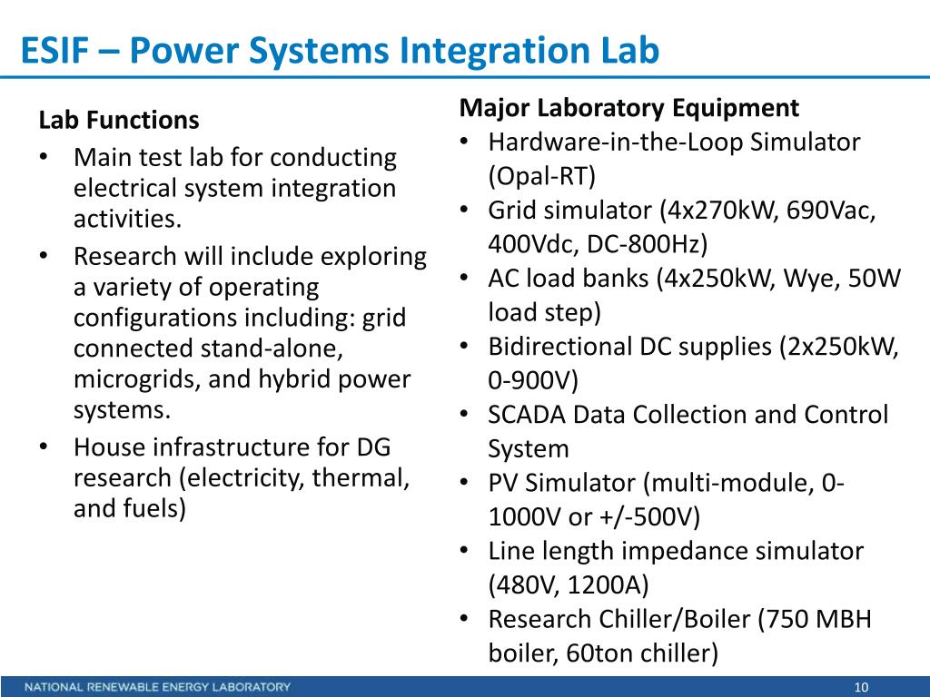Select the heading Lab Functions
(x=119, y=120)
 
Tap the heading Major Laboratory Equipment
(x=629, y=108)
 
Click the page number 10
(x=862, y=687)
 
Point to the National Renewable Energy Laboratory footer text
(x=158, y=687)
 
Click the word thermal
(x=358, y=477)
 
